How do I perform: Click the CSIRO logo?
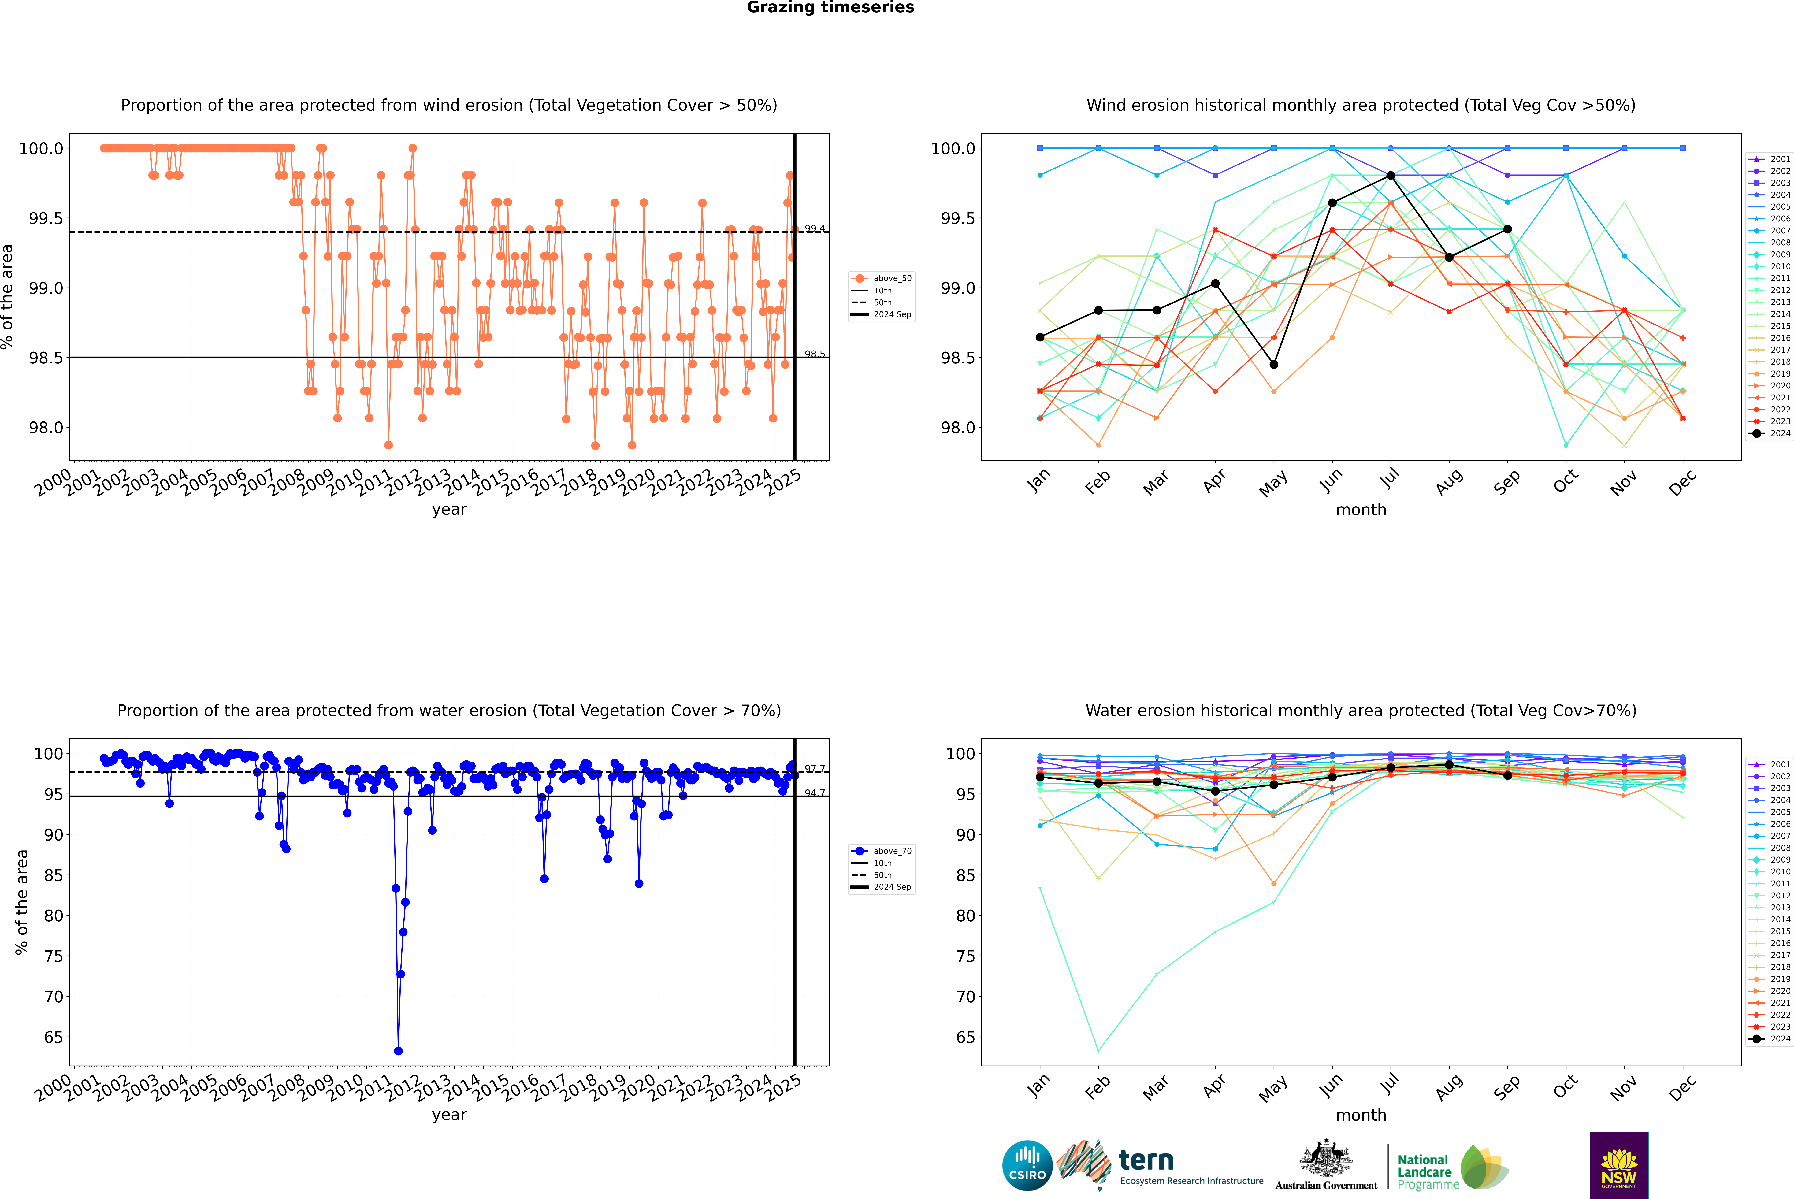coord(1027,1165)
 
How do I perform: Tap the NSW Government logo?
coord(1619,1165)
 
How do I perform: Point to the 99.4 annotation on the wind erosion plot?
coord(814,229)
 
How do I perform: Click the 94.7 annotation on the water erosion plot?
coord(814,793)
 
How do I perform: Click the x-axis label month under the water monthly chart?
coord(1360,1115)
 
